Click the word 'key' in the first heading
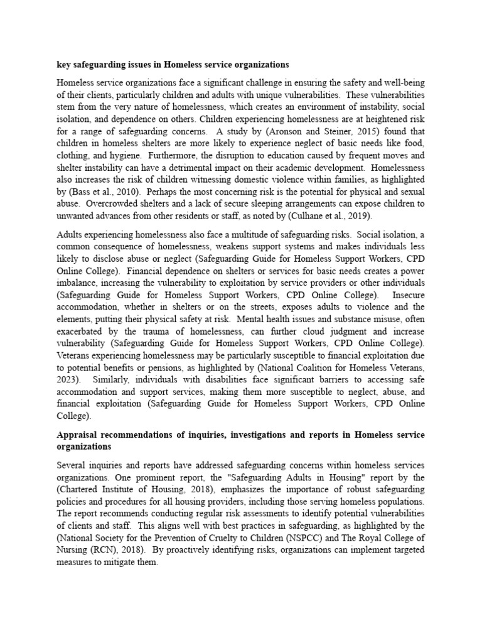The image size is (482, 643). (64, 64)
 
